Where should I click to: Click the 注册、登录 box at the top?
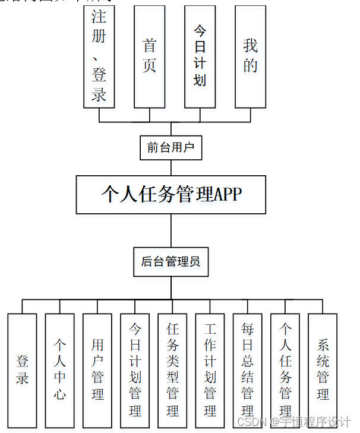pos(99,56)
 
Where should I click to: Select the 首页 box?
pos(149,56)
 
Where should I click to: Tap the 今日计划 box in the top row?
pos(200,56)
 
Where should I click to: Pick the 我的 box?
pos(250,56)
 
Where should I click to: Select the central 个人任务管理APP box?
pos(171,194)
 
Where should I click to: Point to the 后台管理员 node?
pos(171,261)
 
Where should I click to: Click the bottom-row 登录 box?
pos(22,369)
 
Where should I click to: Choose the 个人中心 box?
pos(60,369)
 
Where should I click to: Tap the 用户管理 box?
pos(97,369)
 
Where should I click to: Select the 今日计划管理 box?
pos(135,369)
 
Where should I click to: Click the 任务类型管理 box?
pos(172,369)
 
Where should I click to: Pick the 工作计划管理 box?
pos(210,369)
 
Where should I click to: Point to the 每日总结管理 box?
pos(247,369)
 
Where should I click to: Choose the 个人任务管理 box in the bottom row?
pos(285,369)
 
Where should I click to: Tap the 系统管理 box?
pos(323,369)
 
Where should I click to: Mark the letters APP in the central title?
pos(228,194)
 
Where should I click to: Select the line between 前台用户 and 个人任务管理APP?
pos(171,167)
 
